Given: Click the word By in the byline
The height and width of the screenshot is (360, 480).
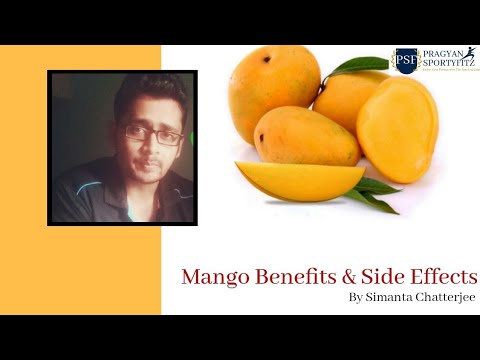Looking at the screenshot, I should (x=356, y=298).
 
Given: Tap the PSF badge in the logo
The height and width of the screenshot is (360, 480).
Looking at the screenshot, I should (x=405, y=61).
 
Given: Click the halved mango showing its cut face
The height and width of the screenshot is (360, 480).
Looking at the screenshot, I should (x=397, y=130).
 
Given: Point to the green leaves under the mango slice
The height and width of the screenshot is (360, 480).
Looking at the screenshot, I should (x=376, y=190).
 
